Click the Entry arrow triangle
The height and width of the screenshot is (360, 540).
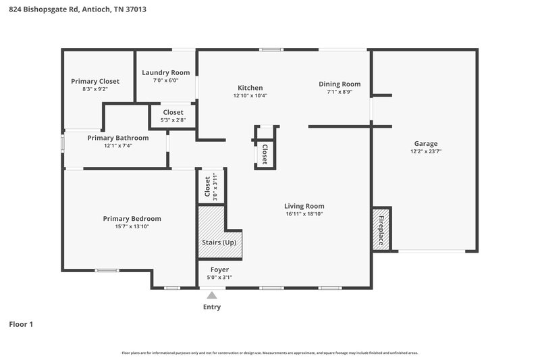coord(212,294)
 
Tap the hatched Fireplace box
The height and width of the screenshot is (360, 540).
coord(381,230)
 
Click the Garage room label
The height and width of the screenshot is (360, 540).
coord(425,143)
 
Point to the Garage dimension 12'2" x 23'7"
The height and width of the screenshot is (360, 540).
coord(425,152)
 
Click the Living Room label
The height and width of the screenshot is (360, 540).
coord(304,206)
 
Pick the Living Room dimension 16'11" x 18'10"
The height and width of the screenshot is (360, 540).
coord(304,214)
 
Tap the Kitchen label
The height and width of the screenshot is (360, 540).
coord(250,88)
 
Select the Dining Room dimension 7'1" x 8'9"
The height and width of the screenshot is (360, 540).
coord(335,92)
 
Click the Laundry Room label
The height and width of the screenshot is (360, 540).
coord(165,72)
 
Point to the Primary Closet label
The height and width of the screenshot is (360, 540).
coord(95,81)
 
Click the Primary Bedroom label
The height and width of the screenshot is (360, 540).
coord(132,218)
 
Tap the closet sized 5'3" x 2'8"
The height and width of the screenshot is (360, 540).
coord(173,115)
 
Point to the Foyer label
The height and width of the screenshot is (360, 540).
coord(210,269)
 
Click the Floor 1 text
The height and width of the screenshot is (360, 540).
coord(21,324)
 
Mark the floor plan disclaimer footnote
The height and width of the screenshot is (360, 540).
coord(269,353)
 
